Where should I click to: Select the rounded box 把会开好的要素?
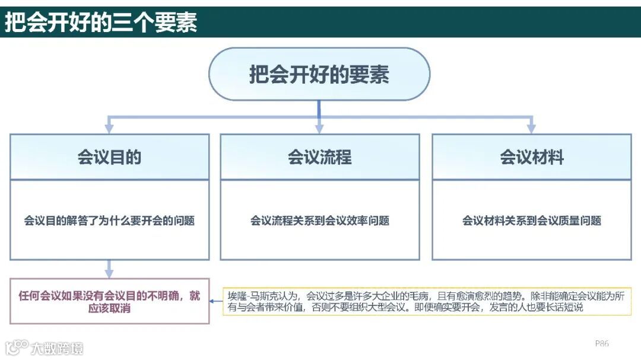(x=319, y=75)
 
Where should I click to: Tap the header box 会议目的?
(x=109, y=157)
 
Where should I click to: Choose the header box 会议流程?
(x=320, y=157)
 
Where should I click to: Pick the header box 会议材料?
(x=532, y=157)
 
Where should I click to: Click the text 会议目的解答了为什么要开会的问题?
(x=109, y=221)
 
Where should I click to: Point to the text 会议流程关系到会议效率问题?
(x=320, y=221)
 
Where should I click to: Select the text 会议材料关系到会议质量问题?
(x=532, y=221)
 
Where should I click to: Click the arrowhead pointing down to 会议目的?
(x=109, y=129)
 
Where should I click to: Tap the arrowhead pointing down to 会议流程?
(x=319, y=129)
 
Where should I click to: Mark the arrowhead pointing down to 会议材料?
(x=531, y=129)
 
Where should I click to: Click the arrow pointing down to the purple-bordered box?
(x=109, y=272)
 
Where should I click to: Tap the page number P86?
(x=602, y=343)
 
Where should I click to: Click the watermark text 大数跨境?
(x=58, y=348)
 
